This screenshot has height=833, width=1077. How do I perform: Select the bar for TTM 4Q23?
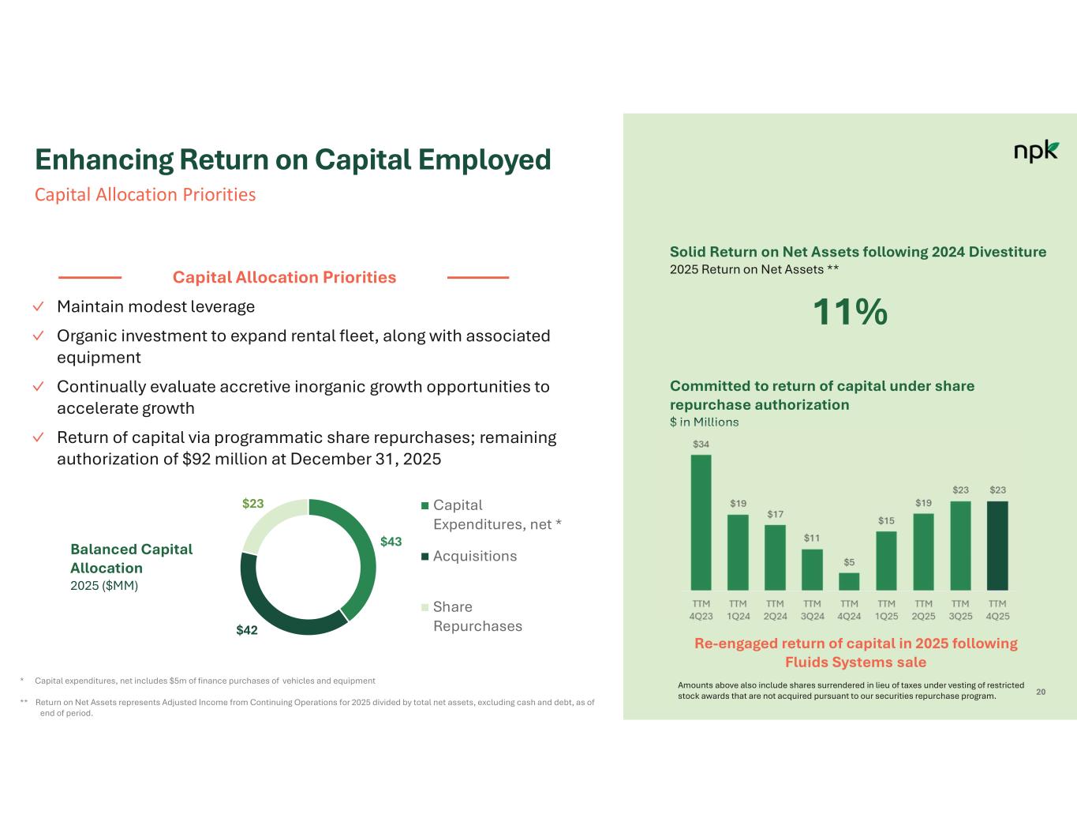(701, 522)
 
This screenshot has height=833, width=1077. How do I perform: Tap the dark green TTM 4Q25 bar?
(997, 546)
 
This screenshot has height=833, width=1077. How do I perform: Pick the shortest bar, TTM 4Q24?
(849, 581)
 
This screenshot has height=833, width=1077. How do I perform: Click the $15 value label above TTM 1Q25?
(886, 520)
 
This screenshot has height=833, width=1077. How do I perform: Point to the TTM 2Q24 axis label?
(775, 610)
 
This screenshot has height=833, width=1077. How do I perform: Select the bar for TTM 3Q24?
(812, 569)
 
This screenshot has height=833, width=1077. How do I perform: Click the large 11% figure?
(850, 312)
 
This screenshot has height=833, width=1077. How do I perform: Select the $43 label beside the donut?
(391, 542)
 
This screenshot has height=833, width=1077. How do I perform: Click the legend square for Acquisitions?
(425, 557)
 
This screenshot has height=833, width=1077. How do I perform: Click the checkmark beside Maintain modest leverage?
(39, 306)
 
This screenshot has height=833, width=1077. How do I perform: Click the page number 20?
(1041, 692)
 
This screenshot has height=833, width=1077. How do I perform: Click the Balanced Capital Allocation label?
(131, 558)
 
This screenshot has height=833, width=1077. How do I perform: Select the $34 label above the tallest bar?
(701, 444)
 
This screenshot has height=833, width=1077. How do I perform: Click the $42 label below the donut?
(247, 630)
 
